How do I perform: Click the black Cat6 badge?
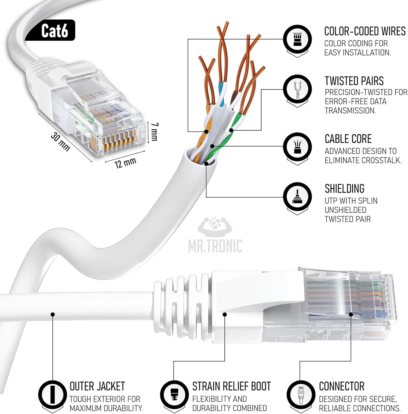click(55, 30)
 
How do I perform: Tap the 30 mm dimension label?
click(60, 142)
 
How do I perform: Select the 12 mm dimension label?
click(125, 163)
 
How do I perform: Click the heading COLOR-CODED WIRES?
click(364, 31)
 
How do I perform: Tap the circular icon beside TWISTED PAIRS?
click(297, 89)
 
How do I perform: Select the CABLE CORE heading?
click(348, 139)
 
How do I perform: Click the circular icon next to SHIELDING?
click(297, 197)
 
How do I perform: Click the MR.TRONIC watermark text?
click(215, 246)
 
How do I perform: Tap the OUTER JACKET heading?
click(97, 386)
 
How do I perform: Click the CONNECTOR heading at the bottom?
click(342, 386)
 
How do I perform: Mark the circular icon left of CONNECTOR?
click(300, 394)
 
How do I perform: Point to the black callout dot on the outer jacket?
click(53, 314)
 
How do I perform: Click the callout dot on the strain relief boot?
click(225, 314)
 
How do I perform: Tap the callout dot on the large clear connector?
click(351, 314)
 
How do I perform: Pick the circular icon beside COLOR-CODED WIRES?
click(297, 39)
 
